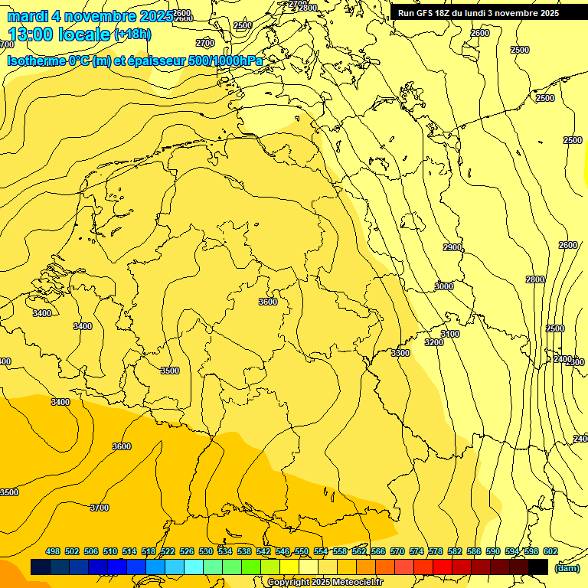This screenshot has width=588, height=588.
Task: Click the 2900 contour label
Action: (452, 247)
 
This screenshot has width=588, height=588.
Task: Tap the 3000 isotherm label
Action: (444, 286)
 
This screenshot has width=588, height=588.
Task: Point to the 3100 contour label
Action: (450, 334)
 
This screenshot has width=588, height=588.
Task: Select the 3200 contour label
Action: (434, 342)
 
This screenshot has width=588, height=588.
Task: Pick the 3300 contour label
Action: (400, 353)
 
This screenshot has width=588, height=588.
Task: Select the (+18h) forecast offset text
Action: (132, 34)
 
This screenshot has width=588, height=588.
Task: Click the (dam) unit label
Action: (567, 568)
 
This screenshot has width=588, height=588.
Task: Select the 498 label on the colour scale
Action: (53, 551)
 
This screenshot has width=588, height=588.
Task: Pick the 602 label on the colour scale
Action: (550, 551)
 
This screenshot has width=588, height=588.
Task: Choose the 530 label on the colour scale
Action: (206, 551)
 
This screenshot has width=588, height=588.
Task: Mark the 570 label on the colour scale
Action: (397, 551)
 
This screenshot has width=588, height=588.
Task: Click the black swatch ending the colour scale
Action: (538, 567)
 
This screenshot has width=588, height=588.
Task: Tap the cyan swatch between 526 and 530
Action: (194, 567)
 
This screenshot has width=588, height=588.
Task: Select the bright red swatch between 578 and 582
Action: (443, 567)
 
